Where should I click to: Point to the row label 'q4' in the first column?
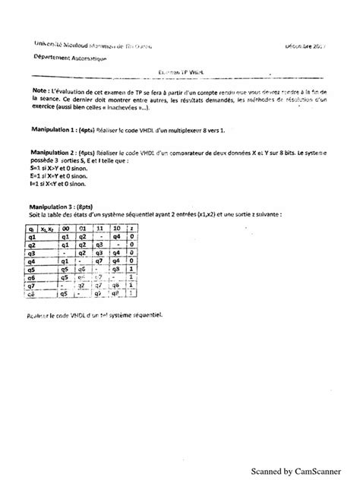(33, 262)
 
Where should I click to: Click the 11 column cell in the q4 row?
(99, 262)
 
